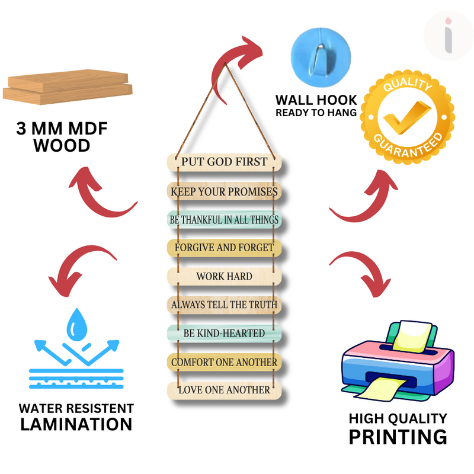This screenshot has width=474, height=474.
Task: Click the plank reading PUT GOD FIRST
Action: tap(224, 162)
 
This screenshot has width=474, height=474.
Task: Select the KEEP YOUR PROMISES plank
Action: tap(224, 191)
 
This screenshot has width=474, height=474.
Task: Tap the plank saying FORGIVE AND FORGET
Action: tap(224, 247)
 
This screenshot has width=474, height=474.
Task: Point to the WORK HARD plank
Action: tap(224, 276)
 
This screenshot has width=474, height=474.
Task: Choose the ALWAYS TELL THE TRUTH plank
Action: tap(224, 305)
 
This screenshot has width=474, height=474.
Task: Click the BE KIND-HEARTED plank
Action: tap(224, 334)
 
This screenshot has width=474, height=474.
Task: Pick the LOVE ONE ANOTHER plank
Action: tap(224, 389)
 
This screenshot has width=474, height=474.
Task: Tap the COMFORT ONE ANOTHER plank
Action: tap(224, 361)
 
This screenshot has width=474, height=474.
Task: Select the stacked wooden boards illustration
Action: tap(66, 86)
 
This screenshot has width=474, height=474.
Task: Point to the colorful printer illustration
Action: tap(397, 361)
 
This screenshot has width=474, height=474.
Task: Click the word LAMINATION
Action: tap(76, 424)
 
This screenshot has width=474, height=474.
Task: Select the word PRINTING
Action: tap(397, 437)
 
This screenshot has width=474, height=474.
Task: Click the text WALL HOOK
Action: tap(316, 100)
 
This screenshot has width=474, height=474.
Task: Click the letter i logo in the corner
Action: tap(449, 34)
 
